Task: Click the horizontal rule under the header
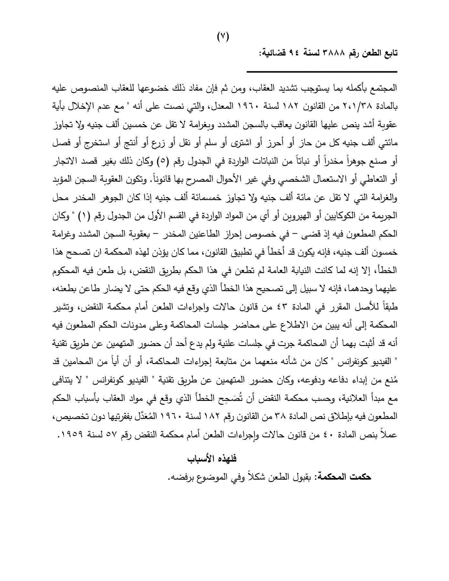click(322, 72)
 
